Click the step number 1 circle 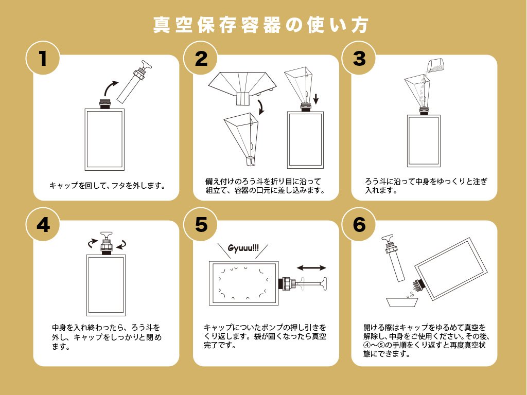[43, 58]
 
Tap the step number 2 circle [201, 58]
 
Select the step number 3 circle [359, 58]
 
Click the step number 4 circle [43, 224]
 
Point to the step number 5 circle [201, 224]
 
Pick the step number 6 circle [359, 224]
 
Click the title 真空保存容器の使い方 [261, 25]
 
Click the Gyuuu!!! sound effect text [243, 248]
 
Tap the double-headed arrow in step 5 [311, 267]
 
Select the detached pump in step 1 [134, 81]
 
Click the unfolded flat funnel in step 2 [242, 86]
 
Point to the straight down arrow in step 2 [315, 99]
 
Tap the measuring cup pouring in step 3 [435, 65]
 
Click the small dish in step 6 [402, 302]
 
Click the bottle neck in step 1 [105, 103]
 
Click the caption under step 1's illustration [107, 185]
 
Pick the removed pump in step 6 [394, 258]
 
